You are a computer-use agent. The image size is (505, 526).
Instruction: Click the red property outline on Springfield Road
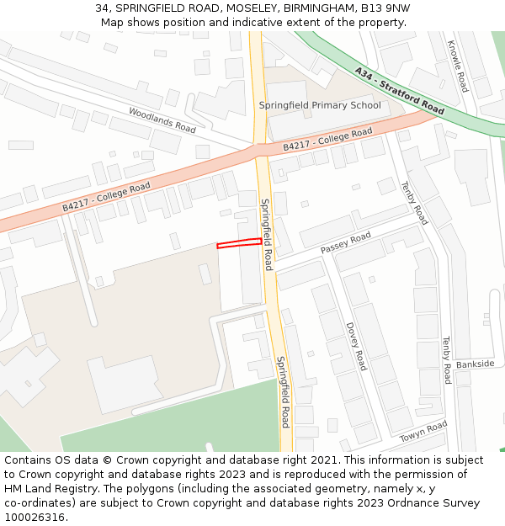pos(239,243)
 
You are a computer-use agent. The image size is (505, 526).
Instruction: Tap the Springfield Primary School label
pos(319,105)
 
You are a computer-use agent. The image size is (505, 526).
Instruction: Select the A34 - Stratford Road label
pos(399,92)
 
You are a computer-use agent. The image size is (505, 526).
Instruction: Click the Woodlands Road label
pos(162,120)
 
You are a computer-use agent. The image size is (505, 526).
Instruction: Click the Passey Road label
pos(345,243)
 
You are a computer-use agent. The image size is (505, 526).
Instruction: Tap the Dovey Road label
pos(356,346)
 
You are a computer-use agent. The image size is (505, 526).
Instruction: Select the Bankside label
pos(475,364)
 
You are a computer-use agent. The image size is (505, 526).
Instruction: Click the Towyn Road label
pos(423,432)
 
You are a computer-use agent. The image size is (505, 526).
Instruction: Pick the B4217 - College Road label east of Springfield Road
pos(327,139)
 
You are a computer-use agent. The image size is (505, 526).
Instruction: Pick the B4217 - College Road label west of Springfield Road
pos(106,197)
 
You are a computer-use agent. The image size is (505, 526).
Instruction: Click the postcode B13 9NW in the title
pos(385,8)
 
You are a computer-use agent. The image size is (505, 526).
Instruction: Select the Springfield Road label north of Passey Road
pos(266,234)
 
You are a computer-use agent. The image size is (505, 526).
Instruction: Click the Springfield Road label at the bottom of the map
pos(284,391)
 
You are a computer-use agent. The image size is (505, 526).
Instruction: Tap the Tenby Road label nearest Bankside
pos(447,360)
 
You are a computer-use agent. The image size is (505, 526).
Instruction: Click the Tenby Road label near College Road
pos(414,203)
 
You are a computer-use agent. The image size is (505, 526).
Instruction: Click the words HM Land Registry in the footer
pos(45,488)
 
